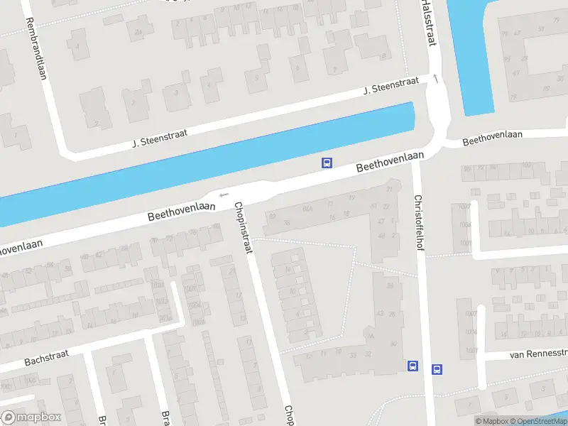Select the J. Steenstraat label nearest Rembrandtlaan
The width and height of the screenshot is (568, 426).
160,138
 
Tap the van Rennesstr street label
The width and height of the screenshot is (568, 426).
538,353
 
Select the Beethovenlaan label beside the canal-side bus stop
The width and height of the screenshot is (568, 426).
390,162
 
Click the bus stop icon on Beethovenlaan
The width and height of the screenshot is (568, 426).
327,163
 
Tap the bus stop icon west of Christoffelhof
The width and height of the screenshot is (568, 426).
412,366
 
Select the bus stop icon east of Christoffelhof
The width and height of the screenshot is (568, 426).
437,368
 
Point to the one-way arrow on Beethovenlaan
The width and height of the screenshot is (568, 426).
224,195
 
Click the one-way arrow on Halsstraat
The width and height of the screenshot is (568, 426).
435,78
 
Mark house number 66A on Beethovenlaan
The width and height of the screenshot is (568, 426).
307,209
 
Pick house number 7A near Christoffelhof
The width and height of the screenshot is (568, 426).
381,222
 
